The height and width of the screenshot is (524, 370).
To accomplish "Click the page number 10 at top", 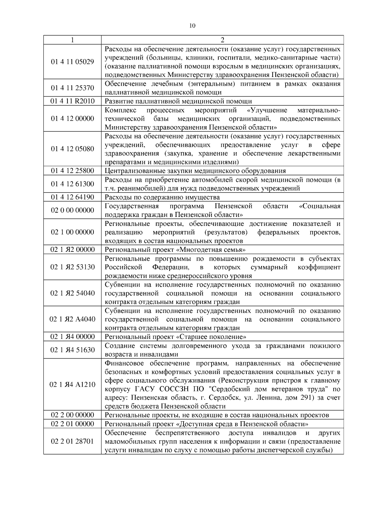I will pyautogui.click(x=192, y=26).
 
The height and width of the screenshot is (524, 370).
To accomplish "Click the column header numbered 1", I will pyautogui.click(x=72, y=40).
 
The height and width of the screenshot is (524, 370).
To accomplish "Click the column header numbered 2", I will pyautogui.click(x=222, y=40).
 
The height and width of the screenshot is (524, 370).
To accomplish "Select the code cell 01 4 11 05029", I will pyautogui.click(x=72, y=62).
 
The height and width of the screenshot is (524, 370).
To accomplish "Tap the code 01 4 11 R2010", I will pyautogui.click(x=72, y=101).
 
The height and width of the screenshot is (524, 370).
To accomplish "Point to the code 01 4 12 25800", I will pyautogui.click(x=72, y=171).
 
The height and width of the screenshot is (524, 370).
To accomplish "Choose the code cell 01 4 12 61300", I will pyautogui.click(x=72, y=184).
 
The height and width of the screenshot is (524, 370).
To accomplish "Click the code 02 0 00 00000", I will pyautogui.click(x=72, y=210).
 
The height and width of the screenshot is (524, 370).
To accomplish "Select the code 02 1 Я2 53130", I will pyautogui.click(x=72, y=267).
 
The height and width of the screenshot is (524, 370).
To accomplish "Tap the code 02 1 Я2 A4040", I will pyautogui.click(x=72, y=319).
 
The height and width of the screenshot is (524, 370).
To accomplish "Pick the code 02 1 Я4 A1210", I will pyautogui.click(x=72, y=385).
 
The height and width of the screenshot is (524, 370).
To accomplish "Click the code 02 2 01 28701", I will pyautogui.click(x=72, y=441).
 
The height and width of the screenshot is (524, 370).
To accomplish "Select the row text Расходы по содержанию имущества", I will pyautogui.click(x=162, y=197).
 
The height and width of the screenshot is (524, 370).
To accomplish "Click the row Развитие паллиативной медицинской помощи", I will pyautogui.click(x=178, y=101).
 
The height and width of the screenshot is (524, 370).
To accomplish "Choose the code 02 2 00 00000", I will pyautogui.click(x=72, y=415).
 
